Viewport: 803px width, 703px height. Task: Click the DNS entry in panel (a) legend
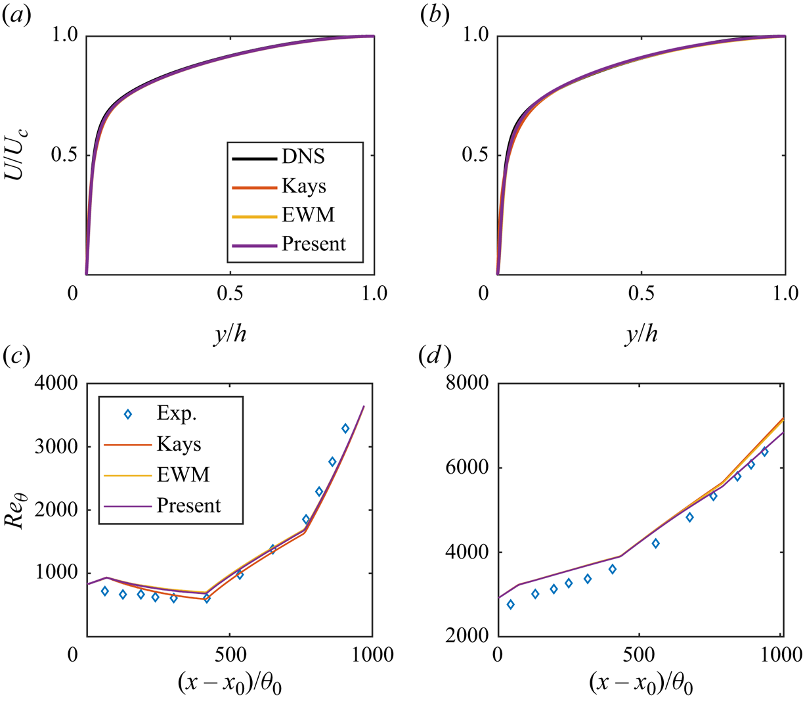click(303, 158)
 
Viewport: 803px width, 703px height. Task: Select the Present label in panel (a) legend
click(313, 244)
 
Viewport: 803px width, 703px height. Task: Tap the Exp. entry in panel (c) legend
click(177, 414)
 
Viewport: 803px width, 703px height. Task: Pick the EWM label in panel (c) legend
click(183, 474)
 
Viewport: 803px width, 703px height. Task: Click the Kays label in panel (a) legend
click(303, 187)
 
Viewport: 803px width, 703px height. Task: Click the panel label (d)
click(435, 358)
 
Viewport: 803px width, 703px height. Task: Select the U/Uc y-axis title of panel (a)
click(20, 156)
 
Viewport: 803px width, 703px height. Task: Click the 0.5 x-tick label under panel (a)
click(230, 294)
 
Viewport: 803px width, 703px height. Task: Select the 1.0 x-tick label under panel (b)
click(785, 294)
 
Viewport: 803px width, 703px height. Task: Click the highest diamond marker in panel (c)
click(345, 428)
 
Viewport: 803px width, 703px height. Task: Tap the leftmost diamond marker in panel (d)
click(510, 604)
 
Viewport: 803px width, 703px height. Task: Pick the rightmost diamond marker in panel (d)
click(764, 452)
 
